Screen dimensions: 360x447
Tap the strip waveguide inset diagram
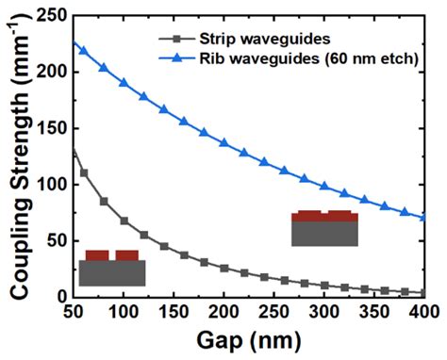112,268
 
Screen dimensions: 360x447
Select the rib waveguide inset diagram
324,228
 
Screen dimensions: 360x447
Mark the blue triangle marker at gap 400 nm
423,217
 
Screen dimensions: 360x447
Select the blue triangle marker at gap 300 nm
323,186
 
